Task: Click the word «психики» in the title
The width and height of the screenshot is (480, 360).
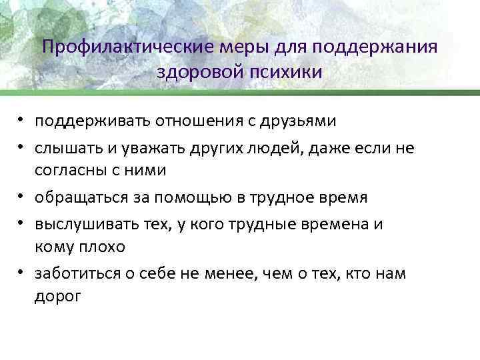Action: click(x=287, y=71)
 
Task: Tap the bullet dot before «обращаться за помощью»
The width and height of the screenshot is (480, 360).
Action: click(x=23, y=199)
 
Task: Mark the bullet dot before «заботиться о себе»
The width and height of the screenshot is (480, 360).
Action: click(x=23, y=274)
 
